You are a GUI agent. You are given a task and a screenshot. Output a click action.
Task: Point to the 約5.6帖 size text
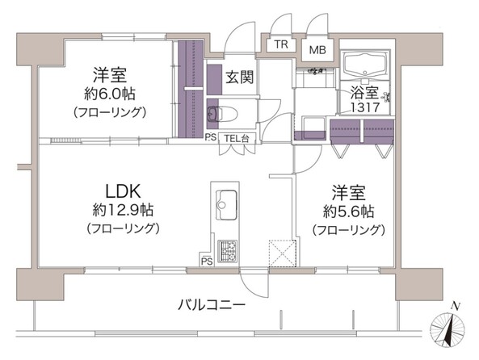pyautogui.click(x=348, y=212)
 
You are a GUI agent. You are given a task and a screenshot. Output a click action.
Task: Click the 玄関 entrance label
pyautogui.click(x=239, y=77)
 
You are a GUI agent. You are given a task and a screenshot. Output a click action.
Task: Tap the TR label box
pyautogui.click(x=281, y=44)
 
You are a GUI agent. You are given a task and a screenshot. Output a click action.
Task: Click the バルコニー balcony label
pyautogui.click(x=212, y=306)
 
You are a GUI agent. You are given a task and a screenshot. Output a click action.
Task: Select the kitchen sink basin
pyautogui.click(x=225, y=200)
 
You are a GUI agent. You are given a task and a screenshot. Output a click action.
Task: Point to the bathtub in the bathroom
pyautogui.click(x=365, y=64)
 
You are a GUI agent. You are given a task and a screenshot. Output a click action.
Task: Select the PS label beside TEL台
pyautogui.click(x=210, y=136)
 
